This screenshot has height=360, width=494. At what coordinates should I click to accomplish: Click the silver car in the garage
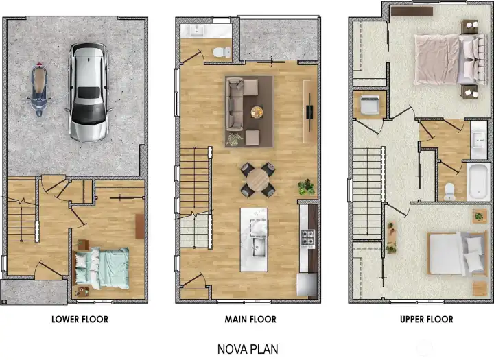coord(89,92)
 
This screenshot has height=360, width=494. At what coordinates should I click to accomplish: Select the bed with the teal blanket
coord(101,266)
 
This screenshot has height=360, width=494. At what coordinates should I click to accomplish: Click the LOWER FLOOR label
coord(80,320)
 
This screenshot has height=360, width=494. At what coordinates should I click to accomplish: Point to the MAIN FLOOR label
coord(250,320)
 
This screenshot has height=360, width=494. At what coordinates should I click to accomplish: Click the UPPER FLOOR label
coord(426,320)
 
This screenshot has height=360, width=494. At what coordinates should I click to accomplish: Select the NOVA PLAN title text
coord(248,348)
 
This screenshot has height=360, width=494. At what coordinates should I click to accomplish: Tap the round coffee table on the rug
coord(257,112)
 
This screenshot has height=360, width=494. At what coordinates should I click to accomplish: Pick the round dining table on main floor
coord(257,180)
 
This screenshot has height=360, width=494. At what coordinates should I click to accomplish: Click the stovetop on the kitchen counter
coord(307,239)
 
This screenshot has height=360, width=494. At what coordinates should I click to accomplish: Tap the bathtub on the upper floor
coord(477,180)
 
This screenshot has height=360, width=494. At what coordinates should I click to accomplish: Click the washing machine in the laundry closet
coord(368,105)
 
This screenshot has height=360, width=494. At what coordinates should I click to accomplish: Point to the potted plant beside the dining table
coord(306,186)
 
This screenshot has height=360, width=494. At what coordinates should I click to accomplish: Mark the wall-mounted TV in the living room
coord(310,111)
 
